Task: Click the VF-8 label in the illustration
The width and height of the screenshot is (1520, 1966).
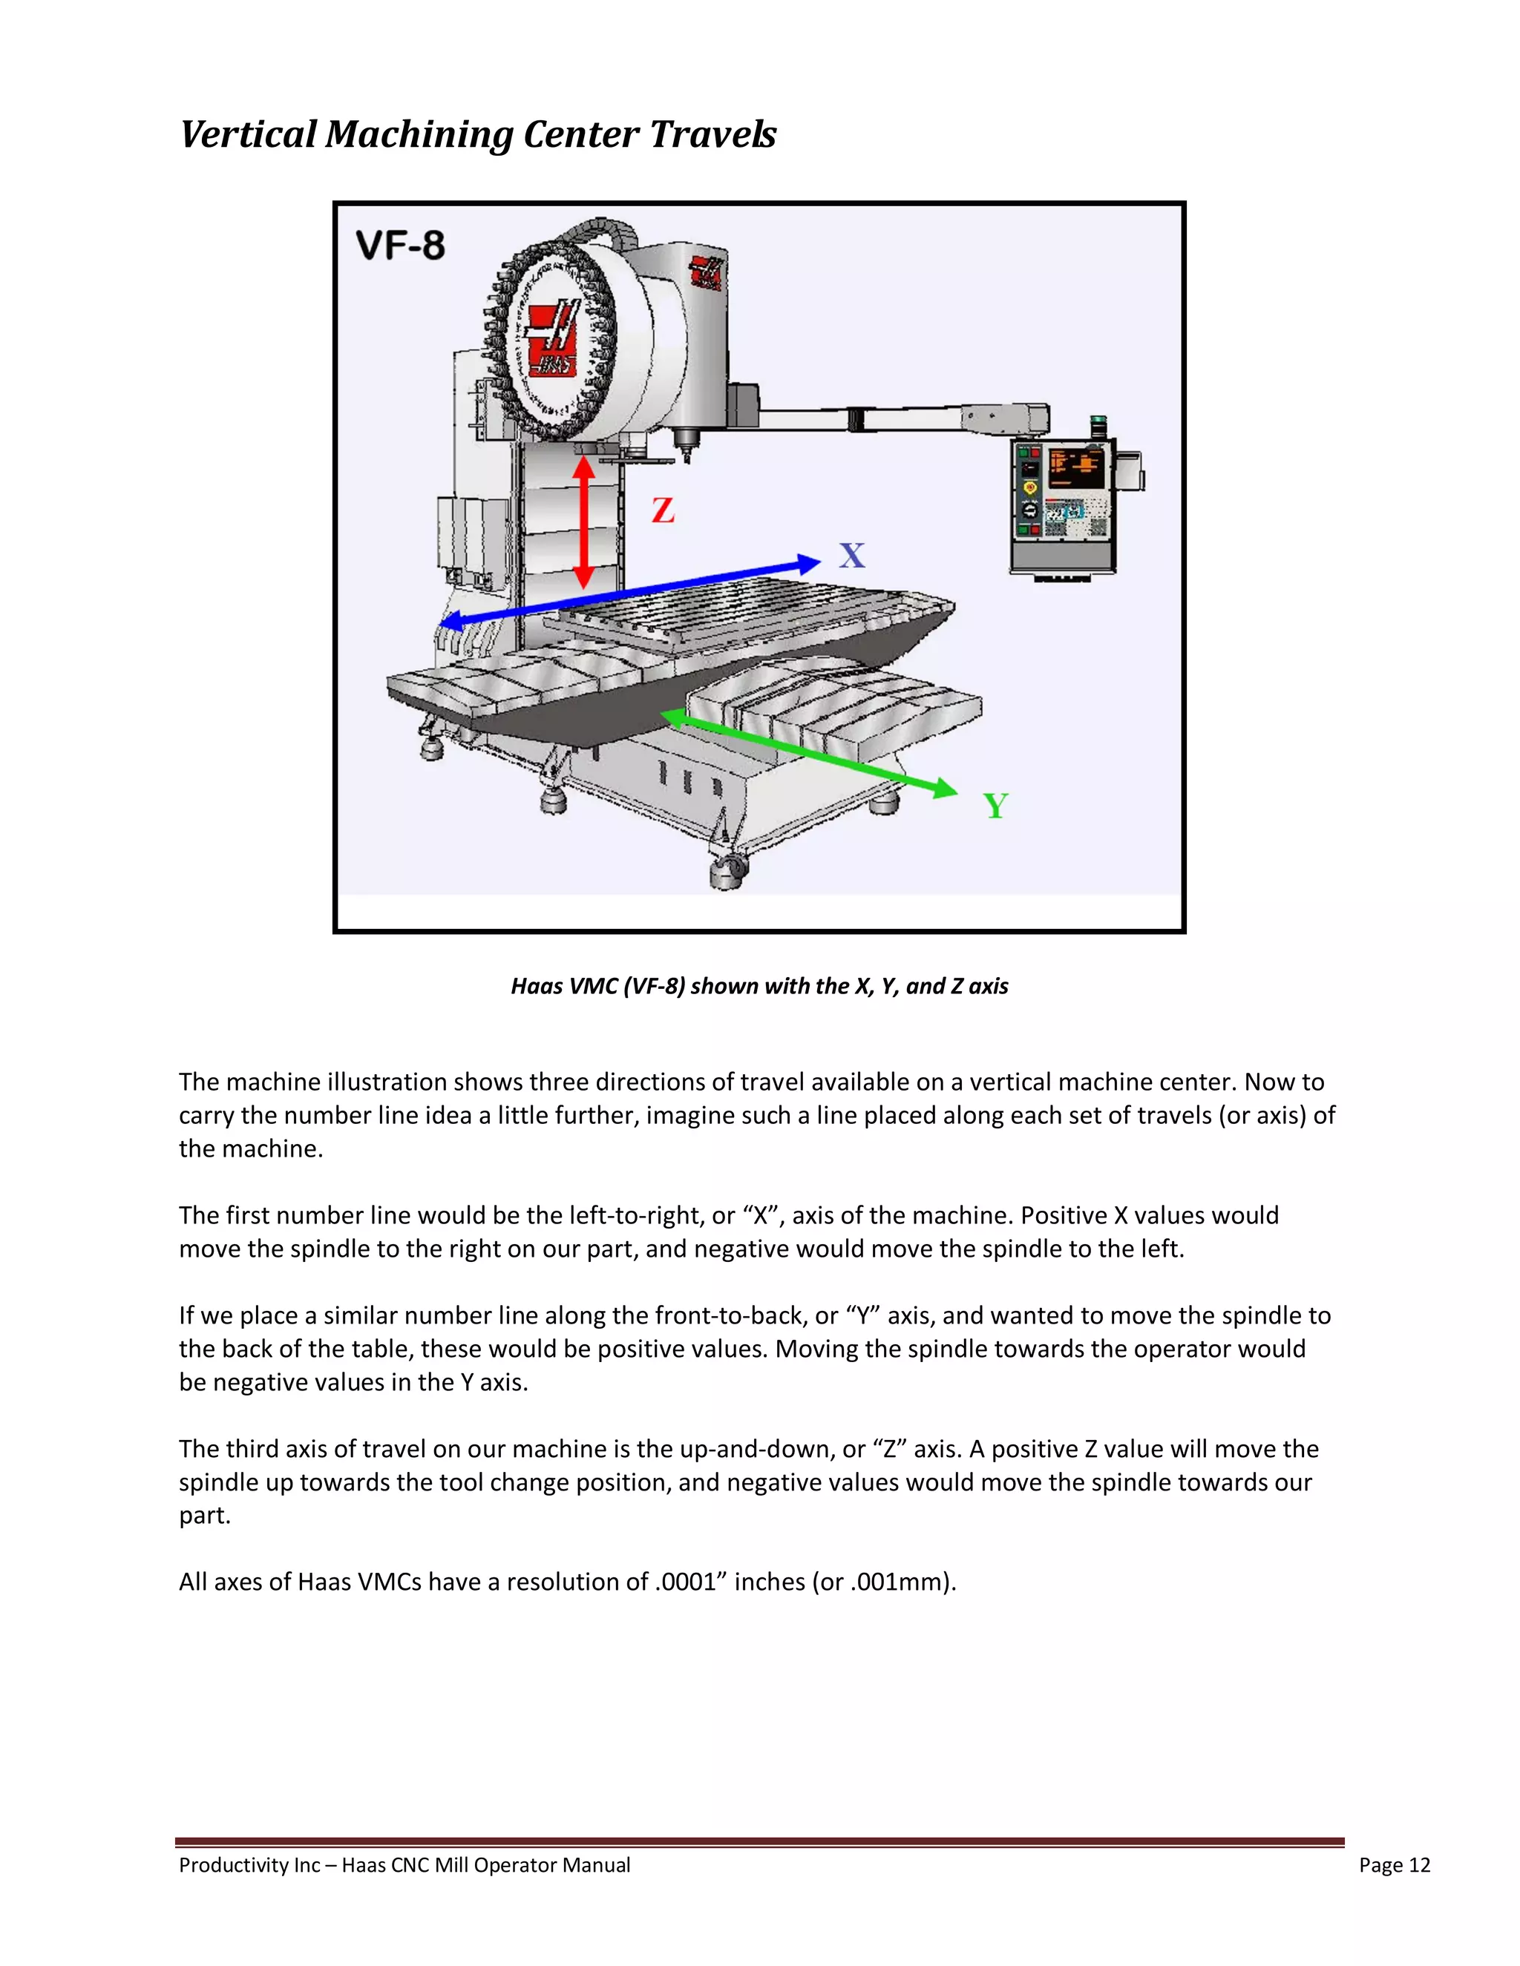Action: point(400,246)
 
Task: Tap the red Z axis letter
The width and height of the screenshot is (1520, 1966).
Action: point(663,510)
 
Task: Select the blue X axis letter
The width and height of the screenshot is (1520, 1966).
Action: point(852,556)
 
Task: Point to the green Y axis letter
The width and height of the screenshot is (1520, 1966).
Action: point(995,806)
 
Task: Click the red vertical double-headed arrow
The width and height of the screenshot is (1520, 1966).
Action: point(584,522)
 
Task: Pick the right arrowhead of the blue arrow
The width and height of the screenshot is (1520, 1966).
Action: point(809,565)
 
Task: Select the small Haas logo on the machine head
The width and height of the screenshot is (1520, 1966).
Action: point(707,272)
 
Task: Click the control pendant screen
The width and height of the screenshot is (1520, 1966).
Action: point(1077,468)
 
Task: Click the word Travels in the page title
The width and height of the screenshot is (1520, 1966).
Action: point(712,135)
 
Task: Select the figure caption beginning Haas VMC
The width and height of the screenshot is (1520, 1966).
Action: point(759,987)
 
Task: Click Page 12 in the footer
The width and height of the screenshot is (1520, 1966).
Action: point(1394,1865)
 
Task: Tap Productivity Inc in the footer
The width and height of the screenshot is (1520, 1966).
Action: point(249,1865)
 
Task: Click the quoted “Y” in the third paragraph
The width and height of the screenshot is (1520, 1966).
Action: point(862,1316)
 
